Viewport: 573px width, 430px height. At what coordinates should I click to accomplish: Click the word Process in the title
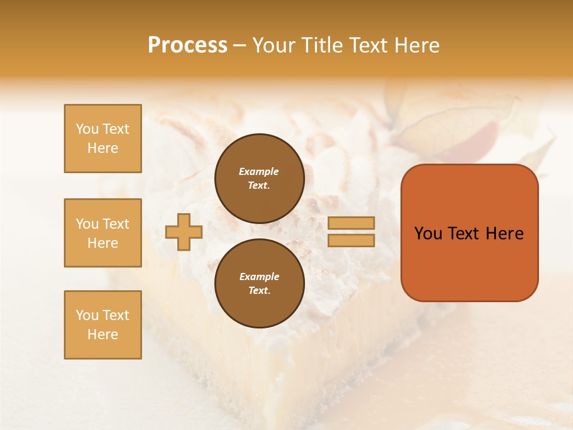point(187,45)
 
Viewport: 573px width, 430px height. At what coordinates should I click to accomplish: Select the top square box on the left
point(103,139)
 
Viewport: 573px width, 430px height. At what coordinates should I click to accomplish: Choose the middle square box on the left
point(103,233)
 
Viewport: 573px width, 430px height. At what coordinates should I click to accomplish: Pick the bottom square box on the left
point(103,325)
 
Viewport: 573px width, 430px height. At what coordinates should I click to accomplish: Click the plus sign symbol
point(184,232)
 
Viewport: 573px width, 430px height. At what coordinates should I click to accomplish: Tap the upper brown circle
point(260,179)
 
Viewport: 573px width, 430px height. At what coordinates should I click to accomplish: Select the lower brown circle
point(260,284)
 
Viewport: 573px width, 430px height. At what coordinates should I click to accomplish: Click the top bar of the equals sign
point(352,223)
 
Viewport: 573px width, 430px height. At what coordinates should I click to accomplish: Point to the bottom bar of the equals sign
point(352,241)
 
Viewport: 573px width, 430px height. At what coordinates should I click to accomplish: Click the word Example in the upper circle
point(259,171)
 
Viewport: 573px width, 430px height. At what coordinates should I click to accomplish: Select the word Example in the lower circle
point(259,277)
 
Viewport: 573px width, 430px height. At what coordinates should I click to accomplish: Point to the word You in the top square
point(87,129)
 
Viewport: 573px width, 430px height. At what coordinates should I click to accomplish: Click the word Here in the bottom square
point(103,334)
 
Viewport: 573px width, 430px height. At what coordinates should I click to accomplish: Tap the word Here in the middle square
point(103,243)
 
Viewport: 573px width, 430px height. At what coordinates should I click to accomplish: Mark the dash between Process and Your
point(240,46)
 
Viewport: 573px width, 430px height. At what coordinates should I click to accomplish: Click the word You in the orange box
point(428,234)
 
